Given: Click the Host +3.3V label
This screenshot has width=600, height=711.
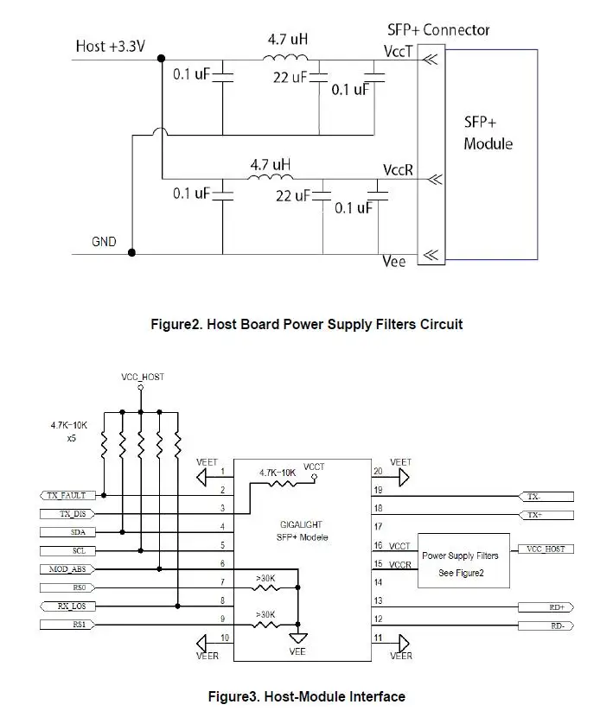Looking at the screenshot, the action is [111, 47].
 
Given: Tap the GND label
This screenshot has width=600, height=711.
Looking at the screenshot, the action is [104, 242].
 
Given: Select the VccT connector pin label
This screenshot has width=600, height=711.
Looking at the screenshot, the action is [398, 52].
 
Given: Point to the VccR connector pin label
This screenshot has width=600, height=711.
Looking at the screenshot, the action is [398, 170].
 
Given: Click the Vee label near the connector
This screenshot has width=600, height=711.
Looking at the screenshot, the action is [393, 262].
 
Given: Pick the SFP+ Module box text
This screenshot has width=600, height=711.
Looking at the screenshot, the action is [488, 133].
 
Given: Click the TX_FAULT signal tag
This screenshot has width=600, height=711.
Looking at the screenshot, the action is [67, 495].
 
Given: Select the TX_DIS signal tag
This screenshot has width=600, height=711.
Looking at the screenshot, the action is [67, 514].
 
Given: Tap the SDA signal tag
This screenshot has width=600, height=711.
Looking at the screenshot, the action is [67, 532].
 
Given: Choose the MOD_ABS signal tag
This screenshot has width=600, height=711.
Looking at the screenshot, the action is [67, 569].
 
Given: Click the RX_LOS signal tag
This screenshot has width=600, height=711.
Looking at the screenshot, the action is [67, 606].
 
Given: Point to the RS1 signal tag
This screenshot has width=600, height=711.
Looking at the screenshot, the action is [67, 625].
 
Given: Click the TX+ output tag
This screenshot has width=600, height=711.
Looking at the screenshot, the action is [546, 515].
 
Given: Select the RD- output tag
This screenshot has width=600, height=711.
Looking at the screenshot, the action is [546, 625].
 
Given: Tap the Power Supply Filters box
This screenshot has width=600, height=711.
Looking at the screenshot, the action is [463, 561].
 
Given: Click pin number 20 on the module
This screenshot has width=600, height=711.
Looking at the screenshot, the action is [378, 472].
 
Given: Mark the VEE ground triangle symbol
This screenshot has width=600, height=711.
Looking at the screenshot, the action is [297, 638].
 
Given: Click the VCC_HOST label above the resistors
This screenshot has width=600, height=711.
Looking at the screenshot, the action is [143, 377].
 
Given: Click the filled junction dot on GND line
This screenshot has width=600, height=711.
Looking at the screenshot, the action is [131, 252].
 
